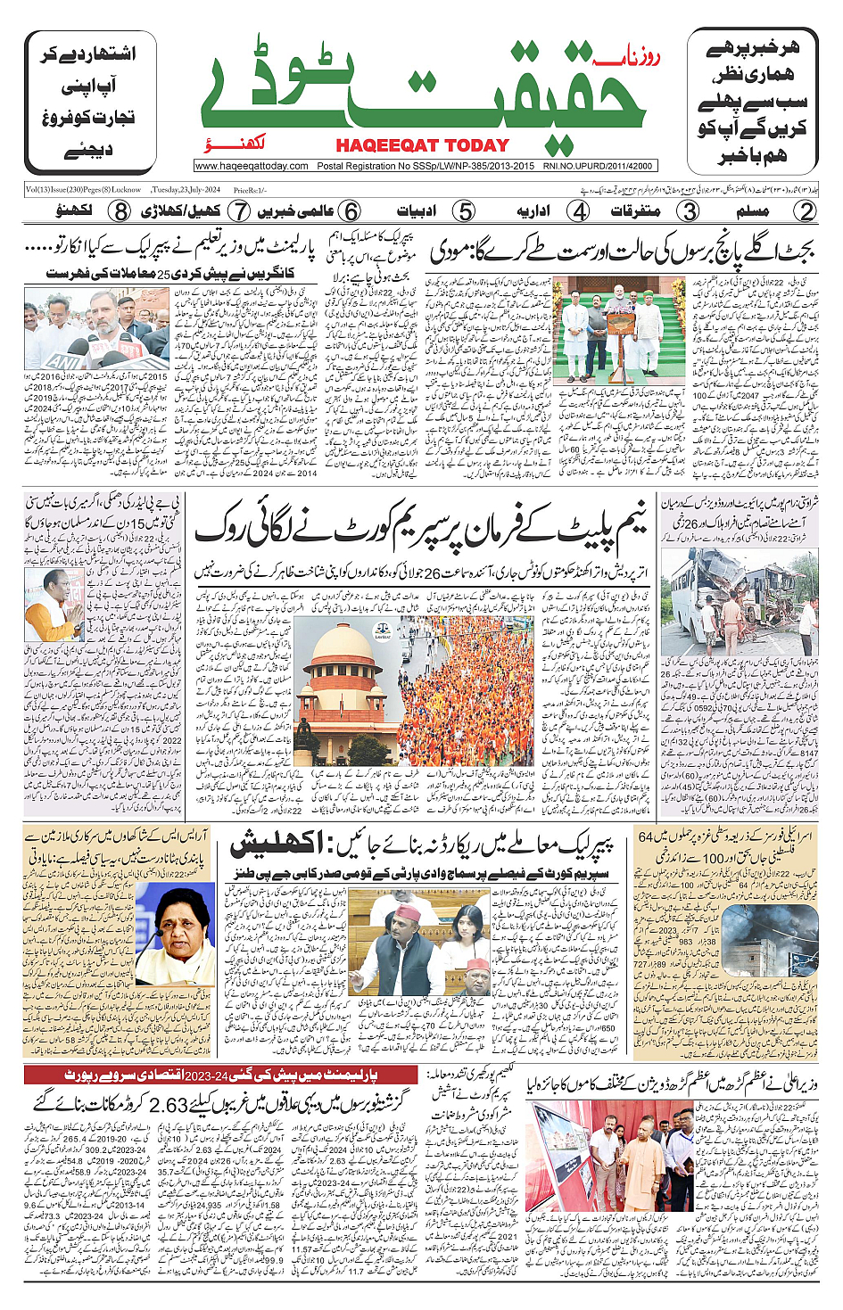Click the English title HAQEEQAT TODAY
[422, 145]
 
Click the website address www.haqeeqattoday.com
[252, 166]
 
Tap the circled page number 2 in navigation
[806, 211]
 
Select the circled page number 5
[464, 211]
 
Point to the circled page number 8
[120, 211]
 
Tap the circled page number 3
[689, 211]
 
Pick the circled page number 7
[238, 211]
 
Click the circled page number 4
[580, 211]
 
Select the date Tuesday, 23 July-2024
[186, 190]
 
